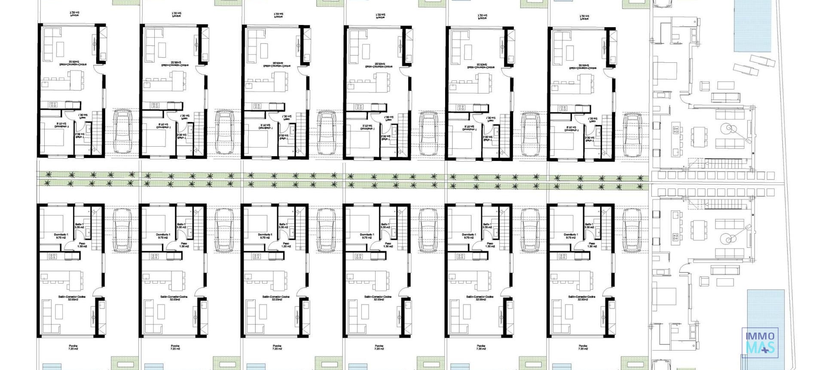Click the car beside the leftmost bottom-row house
point(122,230)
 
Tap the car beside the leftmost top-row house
point(122,131)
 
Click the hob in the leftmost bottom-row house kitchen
point(53,256)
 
